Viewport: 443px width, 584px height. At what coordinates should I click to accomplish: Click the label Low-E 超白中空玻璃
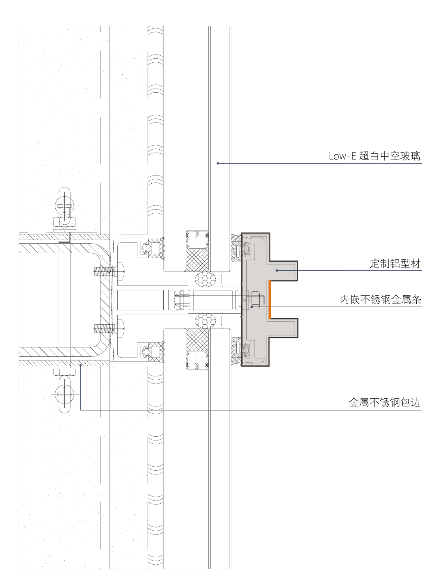tap(374, 156)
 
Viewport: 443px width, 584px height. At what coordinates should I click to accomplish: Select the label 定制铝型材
tap(395, 264)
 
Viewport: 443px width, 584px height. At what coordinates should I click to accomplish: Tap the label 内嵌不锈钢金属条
tap(380, 300)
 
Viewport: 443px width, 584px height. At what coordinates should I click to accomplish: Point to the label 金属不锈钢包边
tap(384, 402)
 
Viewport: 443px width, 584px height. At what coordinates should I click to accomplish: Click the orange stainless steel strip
tap(269, 300)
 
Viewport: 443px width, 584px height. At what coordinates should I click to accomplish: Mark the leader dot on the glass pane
tap(218, 163)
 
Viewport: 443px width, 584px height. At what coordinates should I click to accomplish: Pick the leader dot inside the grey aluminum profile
tap(277, 270)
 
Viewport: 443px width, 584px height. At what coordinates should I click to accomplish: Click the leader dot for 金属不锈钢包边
tap(81, 365)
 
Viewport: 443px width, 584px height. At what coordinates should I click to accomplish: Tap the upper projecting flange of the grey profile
tap(283, 271)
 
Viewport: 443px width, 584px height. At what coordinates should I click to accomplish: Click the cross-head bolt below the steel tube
tap(65, 395)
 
